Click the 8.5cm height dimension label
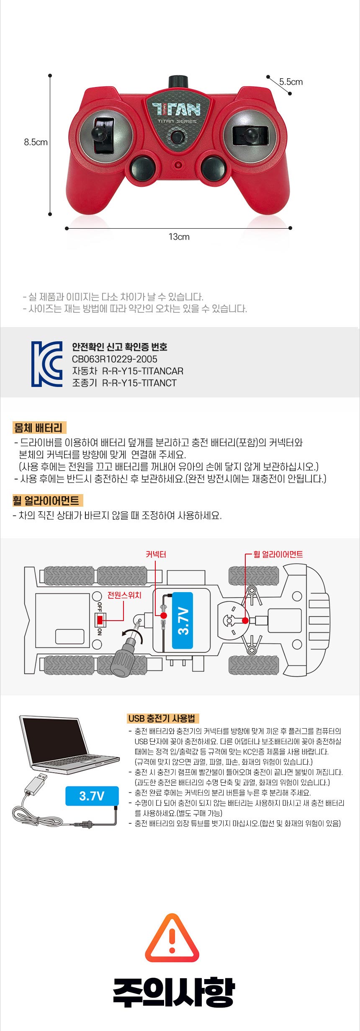tap(36, 142)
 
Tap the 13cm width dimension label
tap(179, 237)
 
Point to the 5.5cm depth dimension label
tap(291, 82)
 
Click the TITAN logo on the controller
tap(176, 110)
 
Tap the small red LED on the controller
tap(179, 164)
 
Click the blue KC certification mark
tap(47, 364)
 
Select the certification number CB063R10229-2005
tap(115, 359)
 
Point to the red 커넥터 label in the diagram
tap(156, 554)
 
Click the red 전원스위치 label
tap(124, 595)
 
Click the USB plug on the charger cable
tap(36, 784)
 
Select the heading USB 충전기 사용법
tap(162, 719)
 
